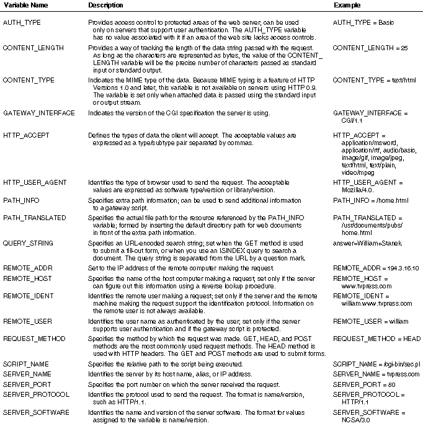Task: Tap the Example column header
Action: (347, 5)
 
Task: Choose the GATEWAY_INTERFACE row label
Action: (39, 113)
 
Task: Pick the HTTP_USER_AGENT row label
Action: (35, 183)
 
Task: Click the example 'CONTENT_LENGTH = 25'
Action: (370, 48)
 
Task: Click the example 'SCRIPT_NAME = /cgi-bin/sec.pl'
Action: (376, 365)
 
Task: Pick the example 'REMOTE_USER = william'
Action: (368, 321)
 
